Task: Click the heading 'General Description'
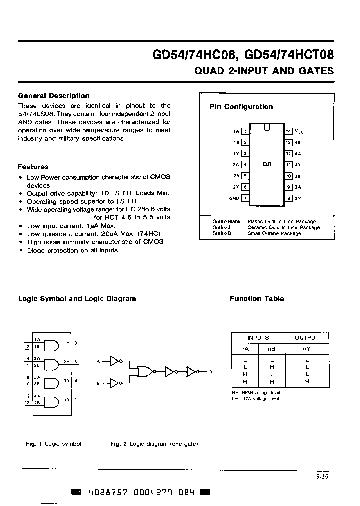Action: click(x=53, y=96)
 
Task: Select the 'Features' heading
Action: click(x=33, y=167)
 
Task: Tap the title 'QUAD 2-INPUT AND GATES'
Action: click(x=264, y=71)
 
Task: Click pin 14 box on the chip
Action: click(x=288, y=131)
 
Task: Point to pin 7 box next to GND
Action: click(x=245, y=198)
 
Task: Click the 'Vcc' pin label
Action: click(x=299, y=131)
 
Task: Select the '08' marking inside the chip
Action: click(x=267, y=164)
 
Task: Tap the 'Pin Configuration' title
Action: click(x=241, y=107)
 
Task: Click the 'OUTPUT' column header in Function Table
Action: click(x=306, y=338)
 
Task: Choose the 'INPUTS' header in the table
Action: click(x=258, y=338)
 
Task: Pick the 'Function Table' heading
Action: click(x=256, y=299)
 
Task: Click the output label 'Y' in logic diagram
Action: click(x=211, y=372)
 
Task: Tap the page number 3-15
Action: click(x=322, y=477)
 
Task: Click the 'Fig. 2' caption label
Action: click(x=118, y=444)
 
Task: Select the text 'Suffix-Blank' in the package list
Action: click(x=226, y=221)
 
